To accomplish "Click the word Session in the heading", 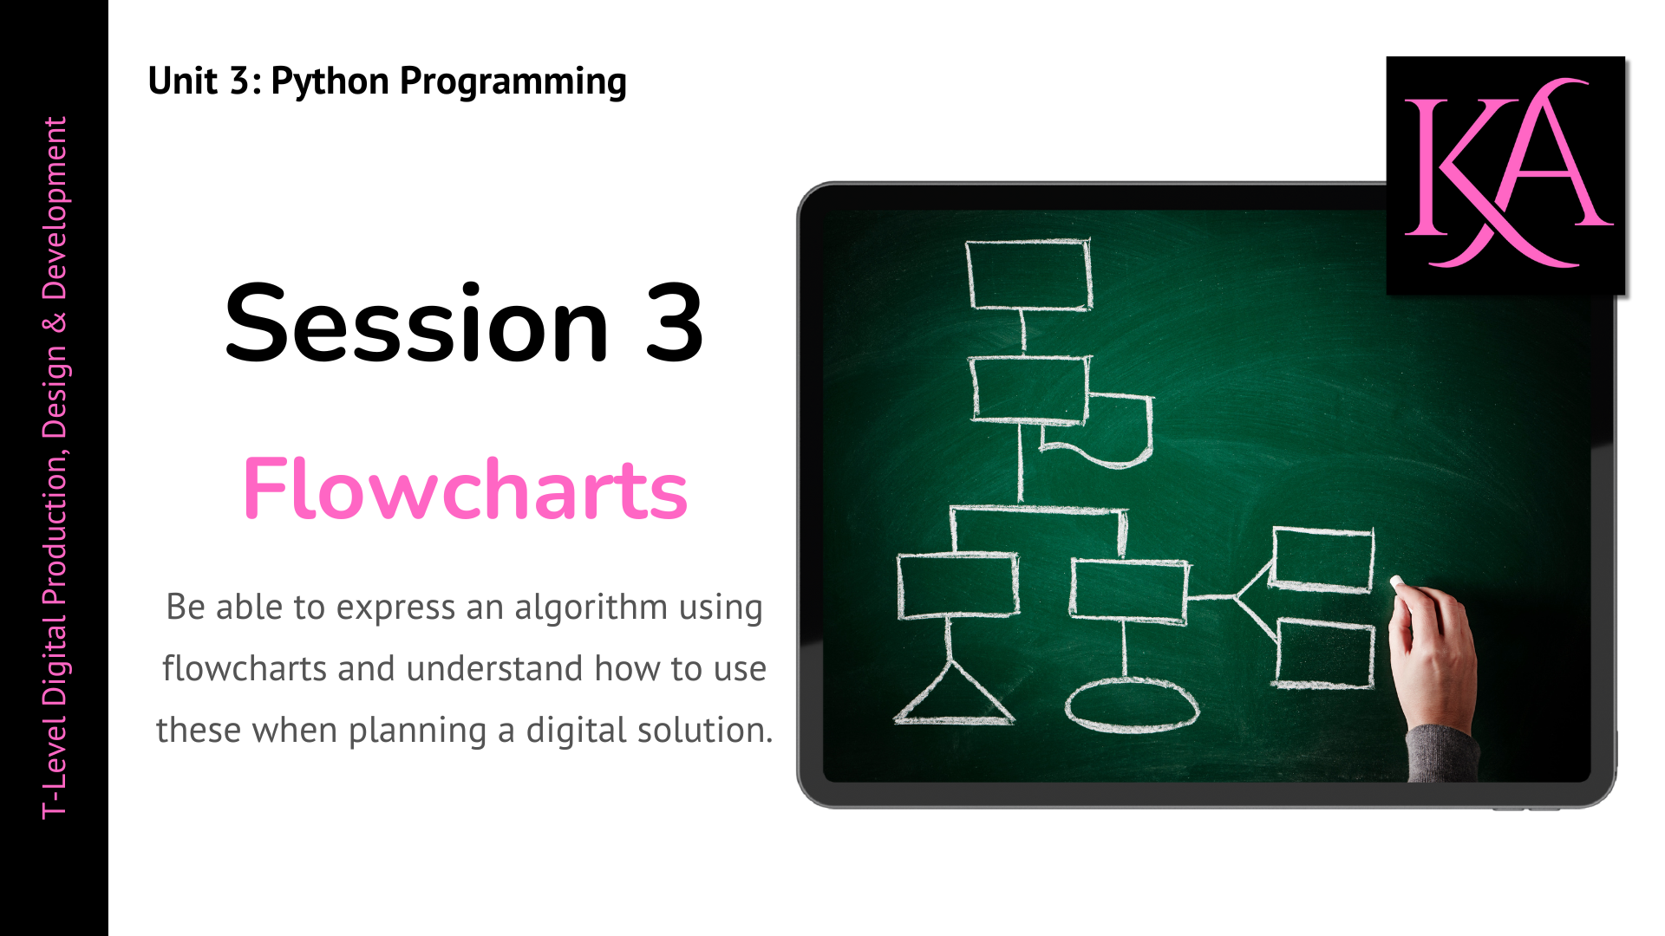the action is pyautogui.click(x=417, y=323).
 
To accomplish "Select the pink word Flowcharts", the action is pyautogui.click(x=465, y=489).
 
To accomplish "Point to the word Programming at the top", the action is pyautogui.click(x=513, y=82).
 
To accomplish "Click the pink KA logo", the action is pyautogui.click(x=1506, y=173).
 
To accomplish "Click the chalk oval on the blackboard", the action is pyautogui.click(x=1132, y=705).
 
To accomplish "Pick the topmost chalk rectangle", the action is pyautogui.click(x=1028, y=274).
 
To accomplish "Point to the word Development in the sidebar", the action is pyautogui.click(x=55, y=209).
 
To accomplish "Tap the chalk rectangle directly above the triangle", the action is pyautogui.click(x=957, y=586).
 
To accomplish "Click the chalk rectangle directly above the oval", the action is pyautogui.click(x=1129, y=591).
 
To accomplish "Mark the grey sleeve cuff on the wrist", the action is pyautogui.click(x=1441, y=752).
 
